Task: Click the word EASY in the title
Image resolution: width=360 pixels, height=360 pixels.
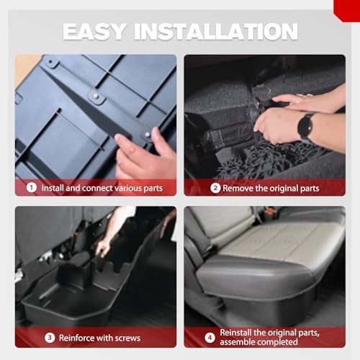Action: click(x=94, y=32)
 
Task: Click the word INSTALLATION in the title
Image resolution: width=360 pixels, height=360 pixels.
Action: click(x=216, y=32)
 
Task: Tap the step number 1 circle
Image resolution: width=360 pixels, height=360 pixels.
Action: click(x=32, y=187)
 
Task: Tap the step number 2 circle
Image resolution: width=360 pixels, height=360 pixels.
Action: click(x=215, y=188)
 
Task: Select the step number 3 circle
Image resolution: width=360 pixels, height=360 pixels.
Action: click(x=50, y=338)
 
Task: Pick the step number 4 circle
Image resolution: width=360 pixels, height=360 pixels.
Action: click(x=210, y=338)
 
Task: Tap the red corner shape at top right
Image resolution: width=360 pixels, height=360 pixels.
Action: click(x=348, y=9)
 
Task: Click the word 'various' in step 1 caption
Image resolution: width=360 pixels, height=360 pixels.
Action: click(x=128, y=188)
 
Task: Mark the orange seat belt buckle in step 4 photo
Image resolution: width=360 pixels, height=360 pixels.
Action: click(x=271, y=212)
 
